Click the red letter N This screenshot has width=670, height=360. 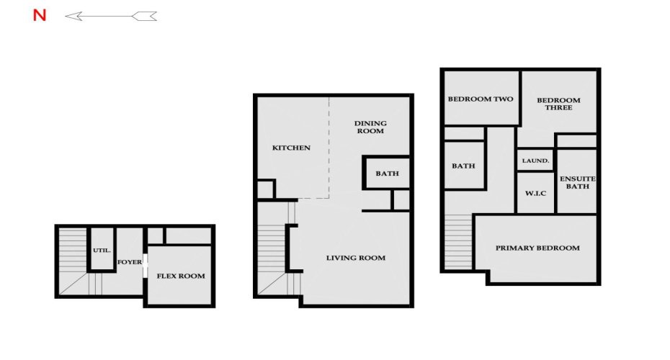[x=40, y=16]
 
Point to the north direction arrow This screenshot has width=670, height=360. [x=110, y=16]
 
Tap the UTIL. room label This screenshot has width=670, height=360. [x=101, y=251]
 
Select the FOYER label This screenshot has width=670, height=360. [x=130, y=262]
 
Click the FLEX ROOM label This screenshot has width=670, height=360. [x=181, y=276]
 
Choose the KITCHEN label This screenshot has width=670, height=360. [x=291, y=148]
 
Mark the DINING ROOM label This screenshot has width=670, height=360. [x=370, y=127]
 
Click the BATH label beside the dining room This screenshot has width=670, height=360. [x=387, y=174]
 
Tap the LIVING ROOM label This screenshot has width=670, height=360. [x=356, y=258]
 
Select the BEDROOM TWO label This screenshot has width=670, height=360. [x=481, y=99]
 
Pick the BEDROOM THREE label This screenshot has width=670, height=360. [x=559, y=104]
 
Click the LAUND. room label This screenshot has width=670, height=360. [x=536, y=161]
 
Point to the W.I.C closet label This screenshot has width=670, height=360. [x=535, y=193]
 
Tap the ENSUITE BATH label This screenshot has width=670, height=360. [x=577, y=182]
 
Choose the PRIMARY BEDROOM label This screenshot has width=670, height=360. [x=537, y=248]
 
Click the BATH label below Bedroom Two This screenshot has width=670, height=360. [x=463, y=166]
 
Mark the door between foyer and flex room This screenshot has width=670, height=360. [x=146, y=262]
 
